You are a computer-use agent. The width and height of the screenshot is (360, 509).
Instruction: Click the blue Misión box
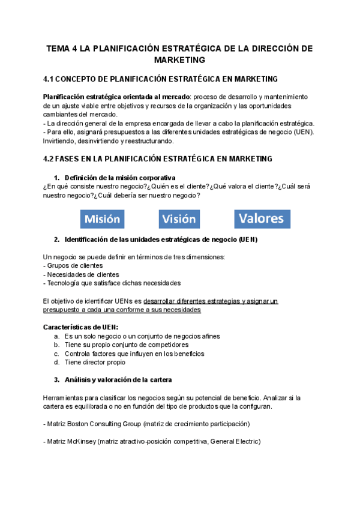point(102,219)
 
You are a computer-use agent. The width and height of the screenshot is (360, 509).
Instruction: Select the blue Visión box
point(179,219)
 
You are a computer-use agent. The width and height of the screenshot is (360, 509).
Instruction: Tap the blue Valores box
point(262,218)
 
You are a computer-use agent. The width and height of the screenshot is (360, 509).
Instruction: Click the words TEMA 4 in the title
point(62,49)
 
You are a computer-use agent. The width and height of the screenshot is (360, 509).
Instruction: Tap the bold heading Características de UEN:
point(81,327)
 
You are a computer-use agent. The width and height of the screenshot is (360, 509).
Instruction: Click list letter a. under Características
point(56,336)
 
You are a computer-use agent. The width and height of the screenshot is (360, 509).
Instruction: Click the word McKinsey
point(85,442)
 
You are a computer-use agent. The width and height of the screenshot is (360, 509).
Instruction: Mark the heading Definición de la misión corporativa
point(119,177)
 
